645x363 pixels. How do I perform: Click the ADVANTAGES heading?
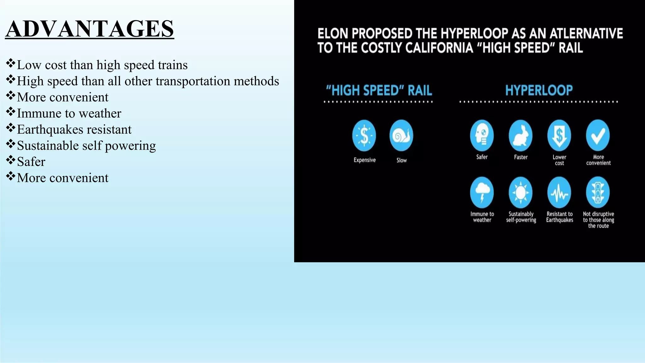pos(89,29)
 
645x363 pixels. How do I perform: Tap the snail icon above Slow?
pos(401,136)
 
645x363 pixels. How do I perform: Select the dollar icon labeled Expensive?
pos(364,136)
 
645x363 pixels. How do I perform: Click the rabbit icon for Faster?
pos(521,136)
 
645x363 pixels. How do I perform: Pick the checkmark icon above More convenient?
pos(598,136)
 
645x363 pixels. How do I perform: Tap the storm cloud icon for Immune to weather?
pos(482,193)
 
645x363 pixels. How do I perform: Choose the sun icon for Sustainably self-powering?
pos(521,193)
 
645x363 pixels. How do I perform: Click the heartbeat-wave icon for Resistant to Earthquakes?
pos(559,193)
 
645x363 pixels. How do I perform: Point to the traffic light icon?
pos(598,193)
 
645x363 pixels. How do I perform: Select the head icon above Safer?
pos(482,136)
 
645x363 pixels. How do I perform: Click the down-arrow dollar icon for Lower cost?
pos(559,136)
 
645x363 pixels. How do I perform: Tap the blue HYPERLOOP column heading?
pos(539,90)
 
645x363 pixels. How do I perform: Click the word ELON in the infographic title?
pos(333,33)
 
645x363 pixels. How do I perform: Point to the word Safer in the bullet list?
pos(31,162)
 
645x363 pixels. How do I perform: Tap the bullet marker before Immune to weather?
pos(10,112)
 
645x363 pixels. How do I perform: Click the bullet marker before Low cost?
pos(10,63)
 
